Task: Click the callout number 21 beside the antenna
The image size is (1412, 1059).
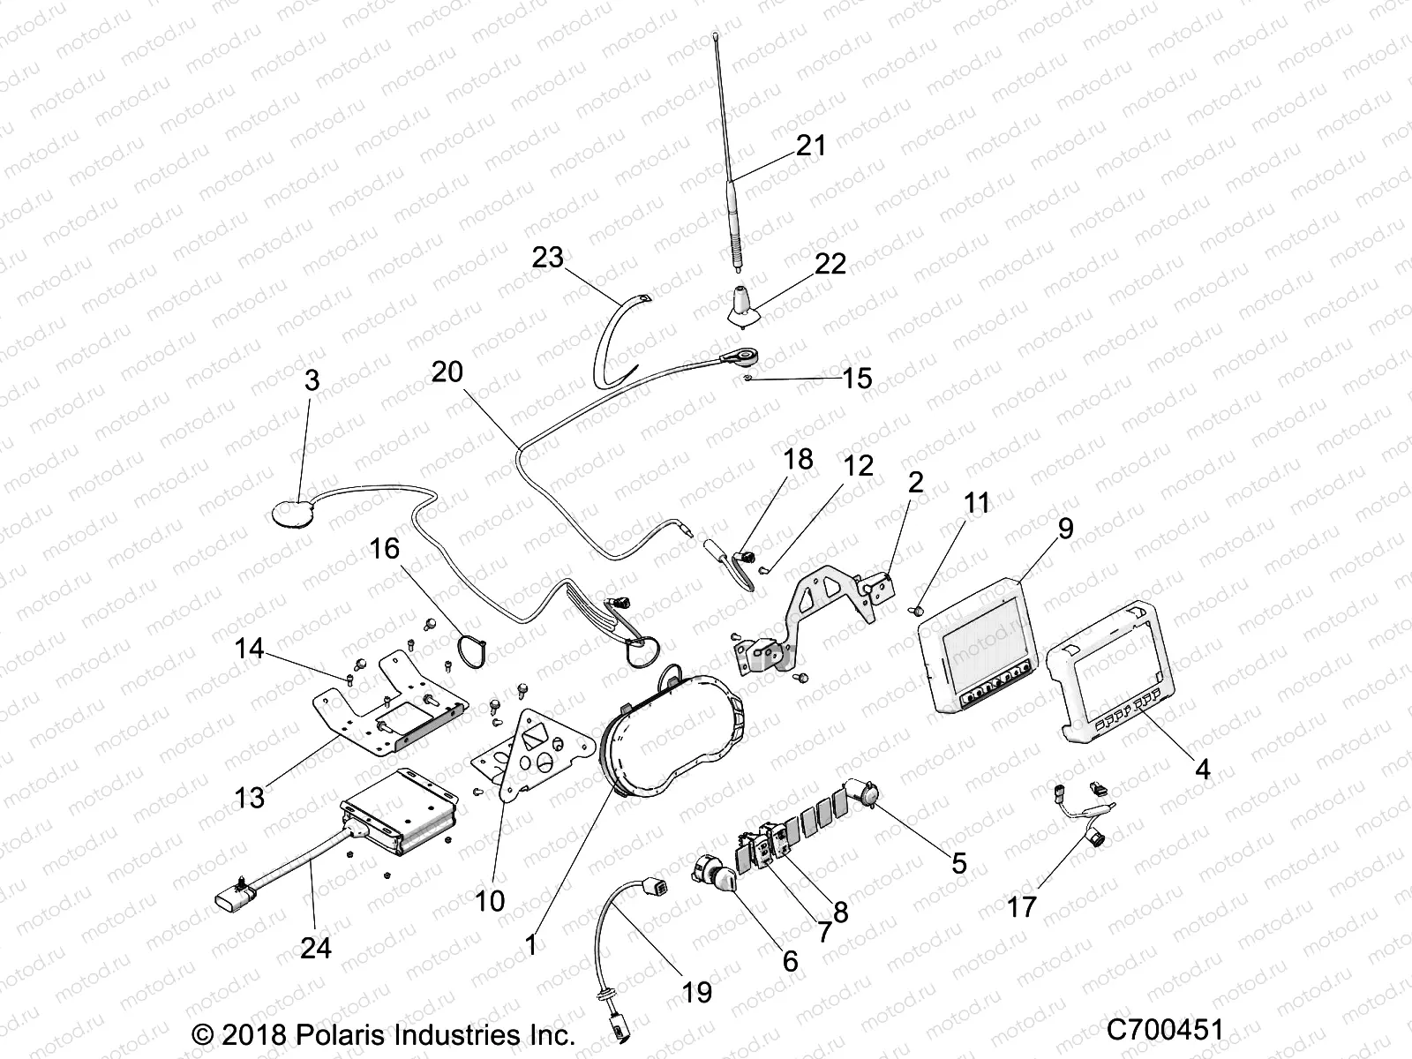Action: point(810,145)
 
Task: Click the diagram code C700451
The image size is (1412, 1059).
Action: point(1165,1030)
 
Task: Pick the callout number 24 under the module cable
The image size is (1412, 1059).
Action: point(315,947)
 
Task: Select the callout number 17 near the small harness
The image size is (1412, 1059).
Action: point(1021,906)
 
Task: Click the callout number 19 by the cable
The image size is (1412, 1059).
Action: point(696,991)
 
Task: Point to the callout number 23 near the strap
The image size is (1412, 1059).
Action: point(547,258)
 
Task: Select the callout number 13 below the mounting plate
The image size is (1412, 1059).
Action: point(250,797)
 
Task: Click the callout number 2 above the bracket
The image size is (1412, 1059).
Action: point(915,482)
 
